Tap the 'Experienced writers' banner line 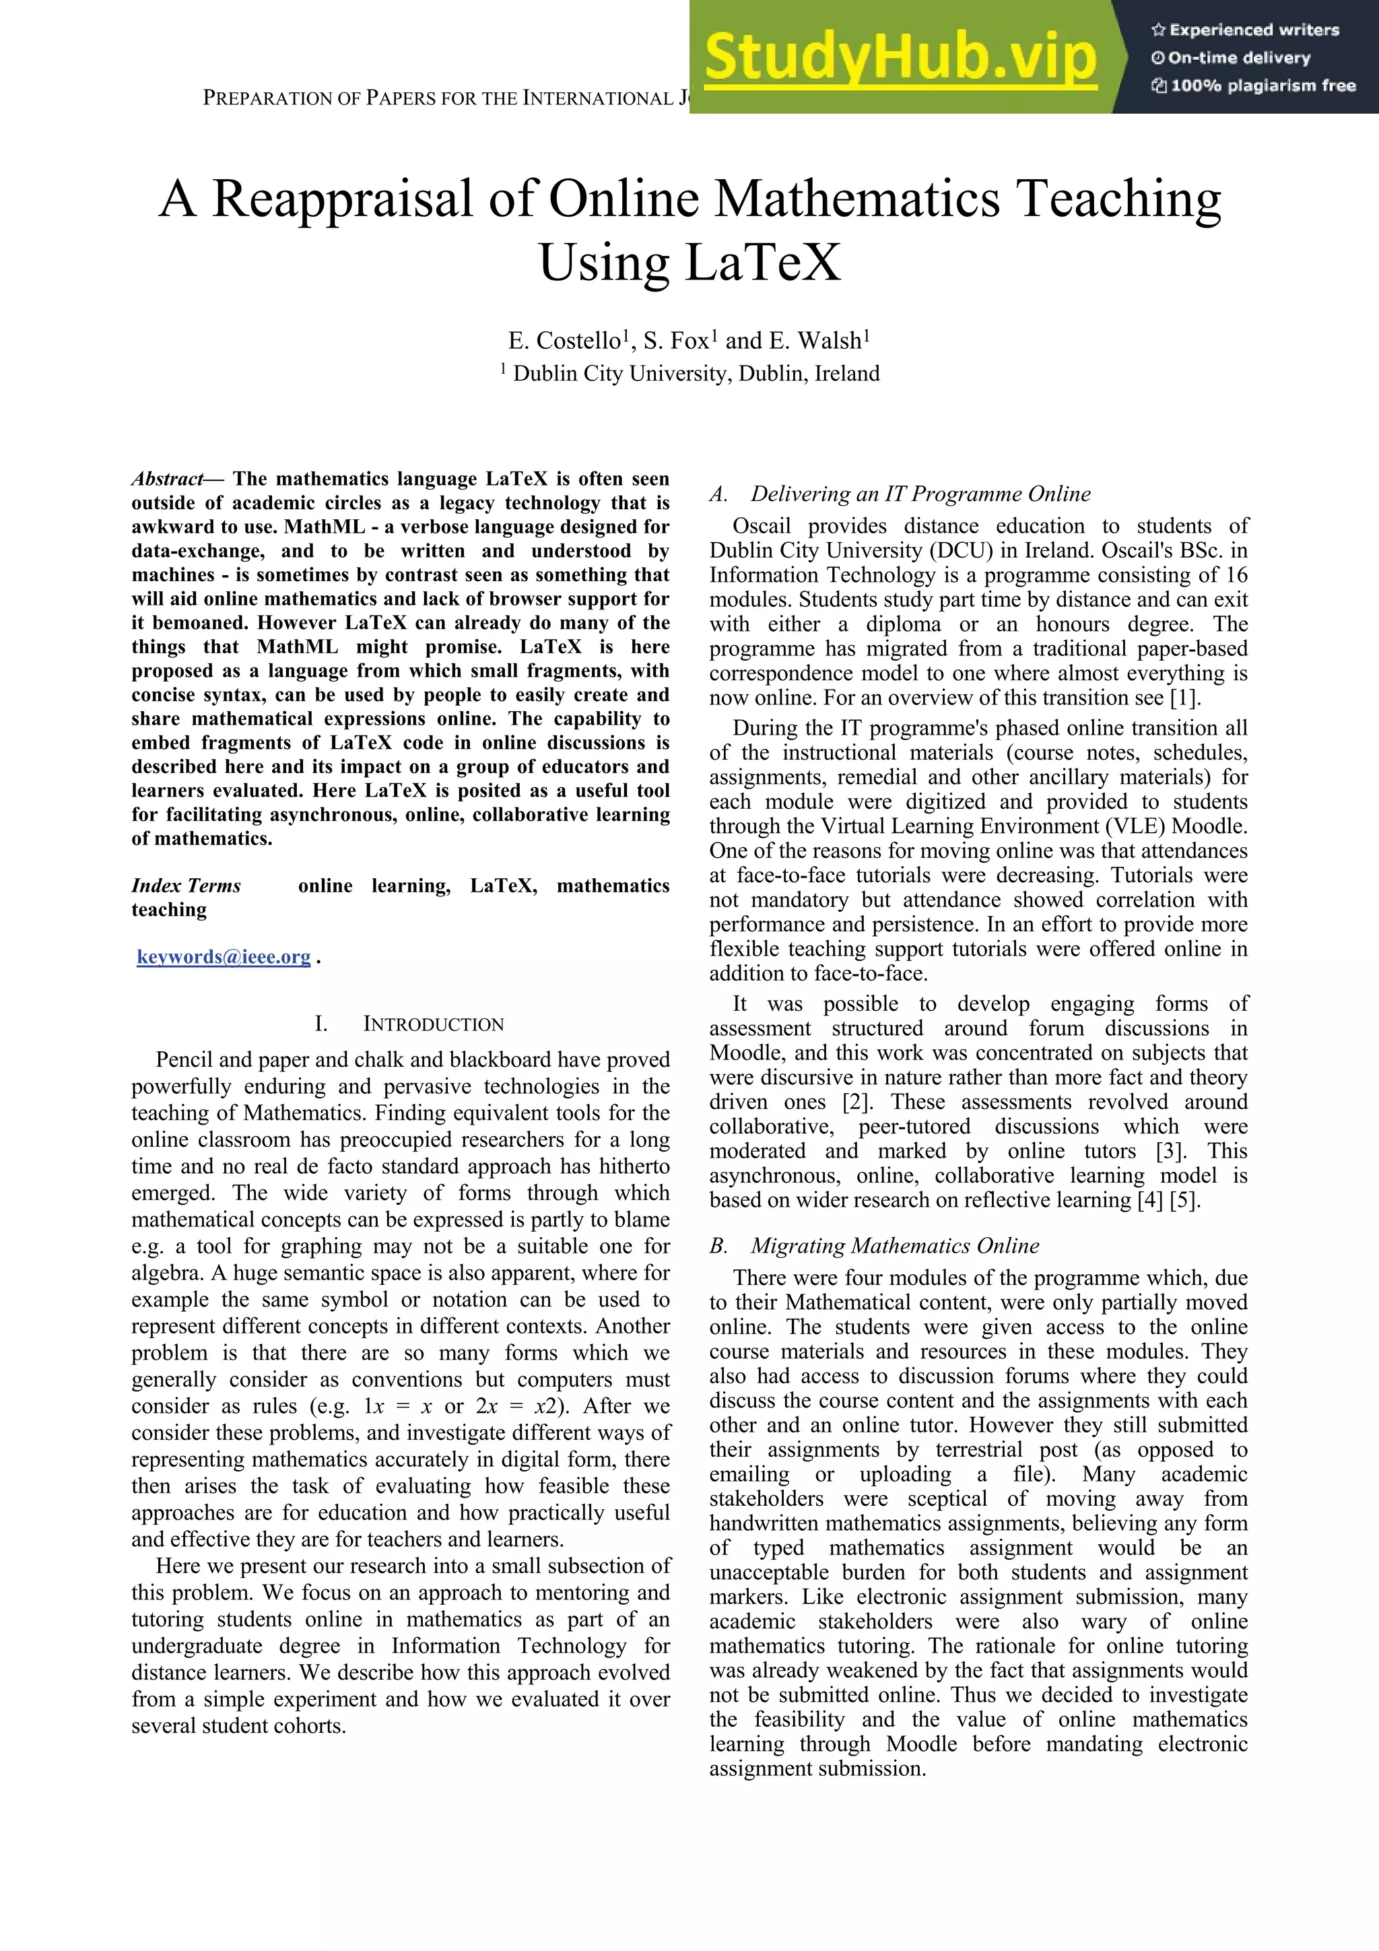coord(1246,30)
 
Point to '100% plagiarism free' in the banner coord(1254,86)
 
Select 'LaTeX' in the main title coord(762,263)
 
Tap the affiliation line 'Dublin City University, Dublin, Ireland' coord(696,374)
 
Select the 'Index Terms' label coord(186,886)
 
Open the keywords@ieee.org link coord(224,958)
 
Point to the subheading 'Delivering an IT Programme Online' coord(920,494)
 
